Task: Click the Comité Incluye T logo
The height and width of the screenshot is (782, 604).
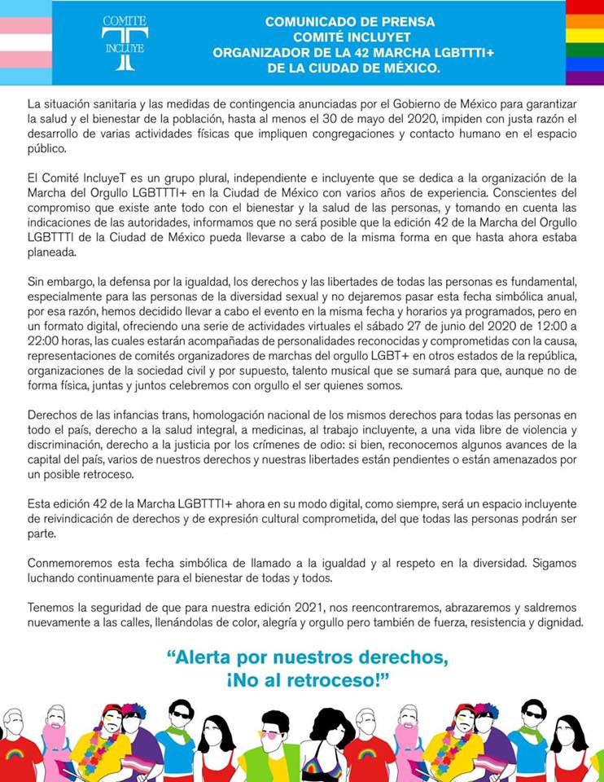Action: point(125,42)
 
